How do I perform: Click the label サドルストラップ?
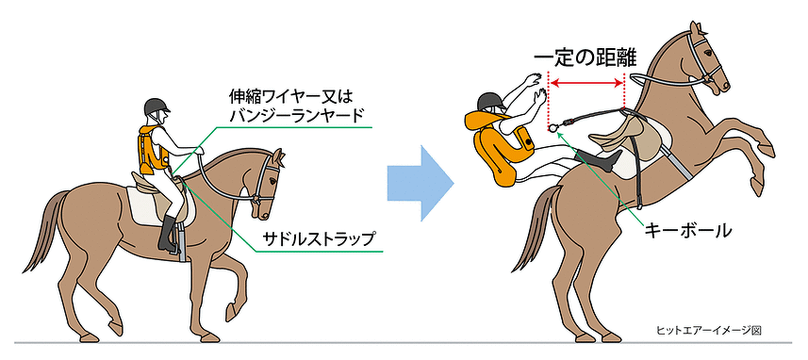pyautogui.click(x=317, y=238)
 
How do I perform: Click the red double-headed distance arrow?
pyautogui.click(x=586, y=83)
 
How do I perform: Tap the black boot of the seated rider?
pyautogui.click(x=169, y=235)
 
